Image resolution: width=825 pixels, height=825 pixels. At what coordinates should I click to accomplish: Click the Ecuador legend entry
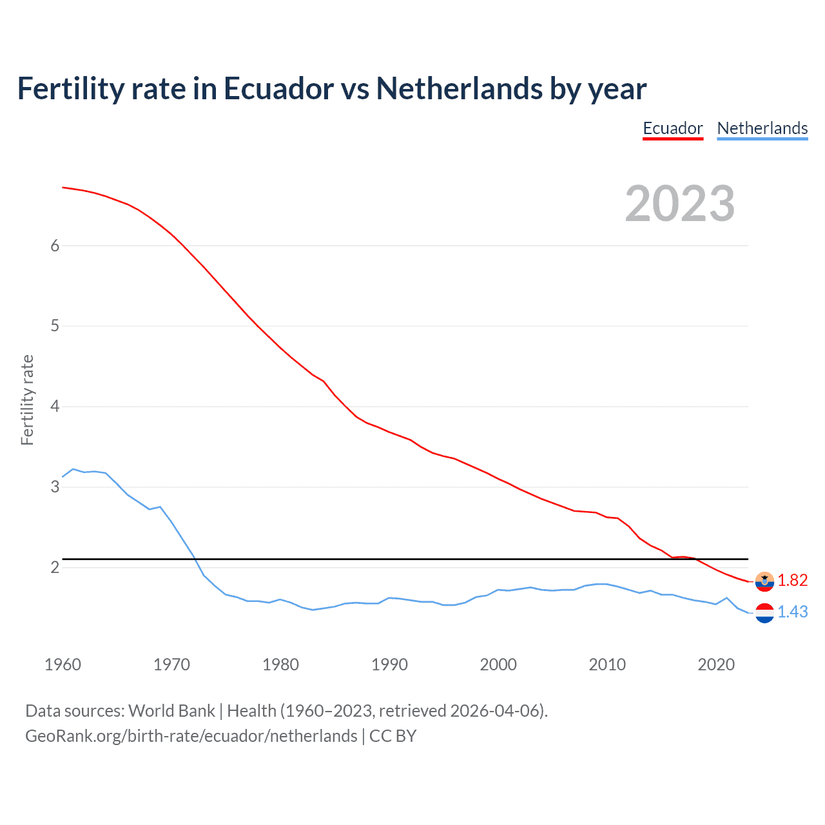[672, 128]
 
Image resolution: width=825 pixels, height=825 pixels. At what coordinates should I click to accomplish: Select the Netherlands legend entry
[762, 128]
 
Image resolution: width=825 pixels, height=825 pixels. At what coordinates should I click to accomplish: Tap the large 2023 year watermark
[679, 204]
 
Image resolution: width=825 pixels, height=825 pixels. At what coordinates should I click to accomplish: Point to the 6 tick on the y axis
[55, 246]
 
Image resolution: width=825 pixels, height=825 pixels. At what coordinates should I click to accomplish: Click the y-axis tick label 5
[55, 326]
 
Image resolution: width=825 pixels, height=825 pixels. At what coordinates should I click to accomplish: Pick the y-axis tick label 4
[55, 407]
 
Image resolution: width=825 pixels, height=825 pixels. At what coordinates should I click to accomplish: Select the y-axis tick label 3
[55, 487]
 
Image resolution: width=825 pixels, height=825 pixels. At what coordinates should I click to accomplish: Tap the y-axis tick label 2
[55, 567]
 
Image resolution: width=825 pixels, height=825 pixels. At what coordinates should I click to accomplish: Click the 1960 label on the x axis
[63, 665]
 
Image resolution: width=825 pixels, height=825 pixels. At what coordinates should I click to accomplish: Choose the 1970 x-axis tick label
[171, 665]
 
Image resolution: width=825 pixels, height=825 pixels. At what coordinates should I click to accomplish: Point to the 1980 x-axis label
[280, 665]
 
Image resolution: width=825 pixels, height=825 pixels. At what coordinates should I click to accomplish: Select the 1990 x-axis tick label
[389, 665]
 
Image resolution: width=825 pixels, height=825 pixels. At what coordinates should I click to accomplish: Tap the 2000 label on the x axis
[498, 665]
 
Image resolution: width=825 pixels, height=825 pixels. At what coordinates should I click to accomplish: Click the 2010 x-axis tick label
[607, 665]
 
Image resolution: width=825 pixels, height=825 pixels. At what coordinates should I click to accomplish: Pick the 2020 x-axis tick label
[716, 665]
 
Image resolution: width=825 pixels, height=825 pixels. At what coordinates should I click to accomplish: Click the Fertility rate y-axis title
[27, 400]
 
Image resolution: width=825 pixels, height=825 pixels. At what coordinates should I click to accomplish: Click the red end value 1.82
[792, 580]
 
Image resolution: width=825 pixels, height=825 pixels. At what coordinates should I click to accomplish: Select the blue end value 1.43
[792, 612]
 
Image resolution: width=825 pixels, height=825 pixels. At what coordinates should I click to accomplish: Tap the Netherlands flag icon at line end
[764, 613]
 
